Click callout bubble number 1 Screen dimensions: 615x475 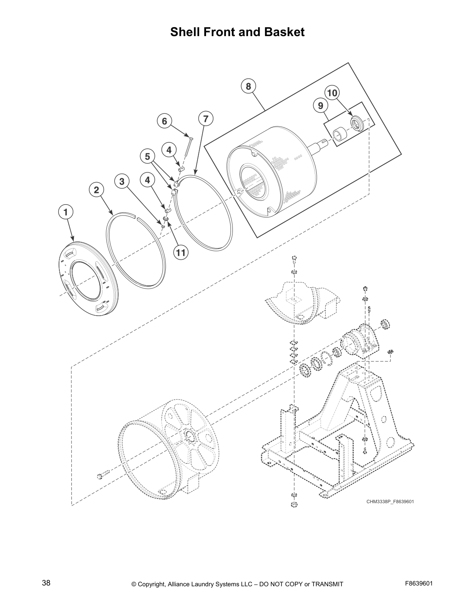66,212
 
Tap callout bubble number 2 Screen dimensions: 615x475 96,190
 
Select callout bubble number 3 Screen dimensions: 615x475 122,181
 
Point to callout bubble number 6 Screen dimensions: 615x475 164,121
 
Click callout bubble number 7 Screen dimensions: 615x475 206,118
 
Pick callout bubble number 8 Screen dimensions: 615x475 248,86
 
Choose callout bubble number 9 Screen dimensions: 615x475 320,106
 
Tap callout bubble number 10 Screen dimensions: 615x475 332,93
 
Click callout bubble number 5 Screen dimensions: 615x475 147,156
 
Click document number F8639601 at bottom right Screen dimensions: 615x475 419,583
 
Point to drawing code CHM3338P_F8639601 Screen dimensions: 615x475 390,501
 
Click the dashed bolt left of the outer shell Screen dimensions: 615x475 104,474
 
